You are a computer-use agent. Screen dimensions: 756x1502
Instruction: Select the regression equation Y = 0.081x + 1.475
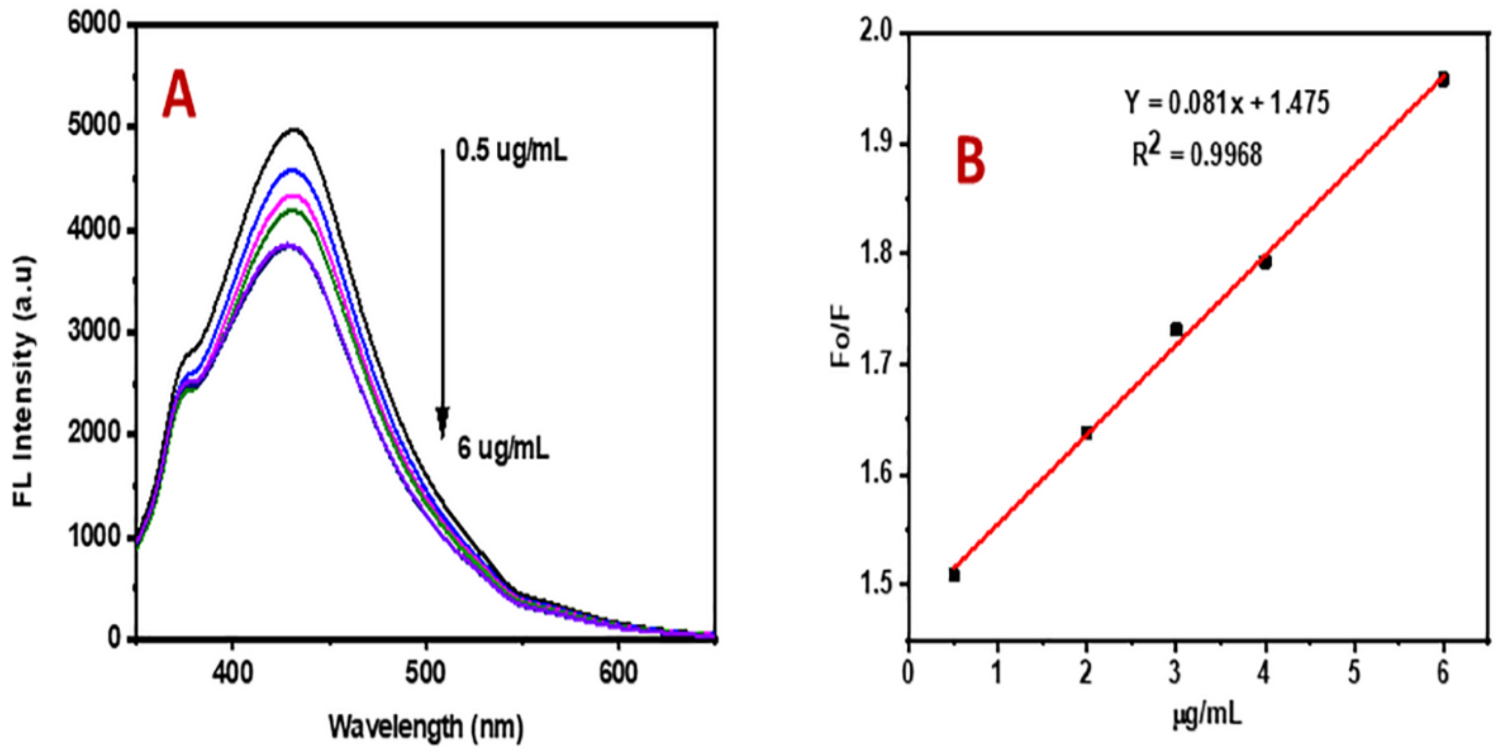coord(1227,103)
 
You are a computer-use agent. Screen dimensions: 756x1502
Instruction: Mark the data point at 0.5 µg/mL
coord(954,576)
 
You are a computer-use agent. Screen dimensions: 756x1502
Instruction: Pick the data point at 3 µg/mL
coord(1176,330)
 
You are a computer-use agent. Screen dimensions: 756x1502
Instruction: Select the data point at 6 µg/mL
coord(1443,79)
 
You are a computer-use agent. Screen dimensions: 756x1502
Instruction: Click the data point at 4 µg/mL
coord(1265,262)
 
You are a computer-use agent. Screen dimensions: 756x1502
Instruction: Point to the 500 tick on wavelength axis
coord(426,672)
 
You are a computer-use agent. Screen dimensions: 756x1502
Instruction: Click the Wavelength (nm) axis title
coord(426,727)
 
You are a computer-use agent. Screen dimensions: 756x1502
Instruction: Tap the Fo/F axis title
coord(841,339)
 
